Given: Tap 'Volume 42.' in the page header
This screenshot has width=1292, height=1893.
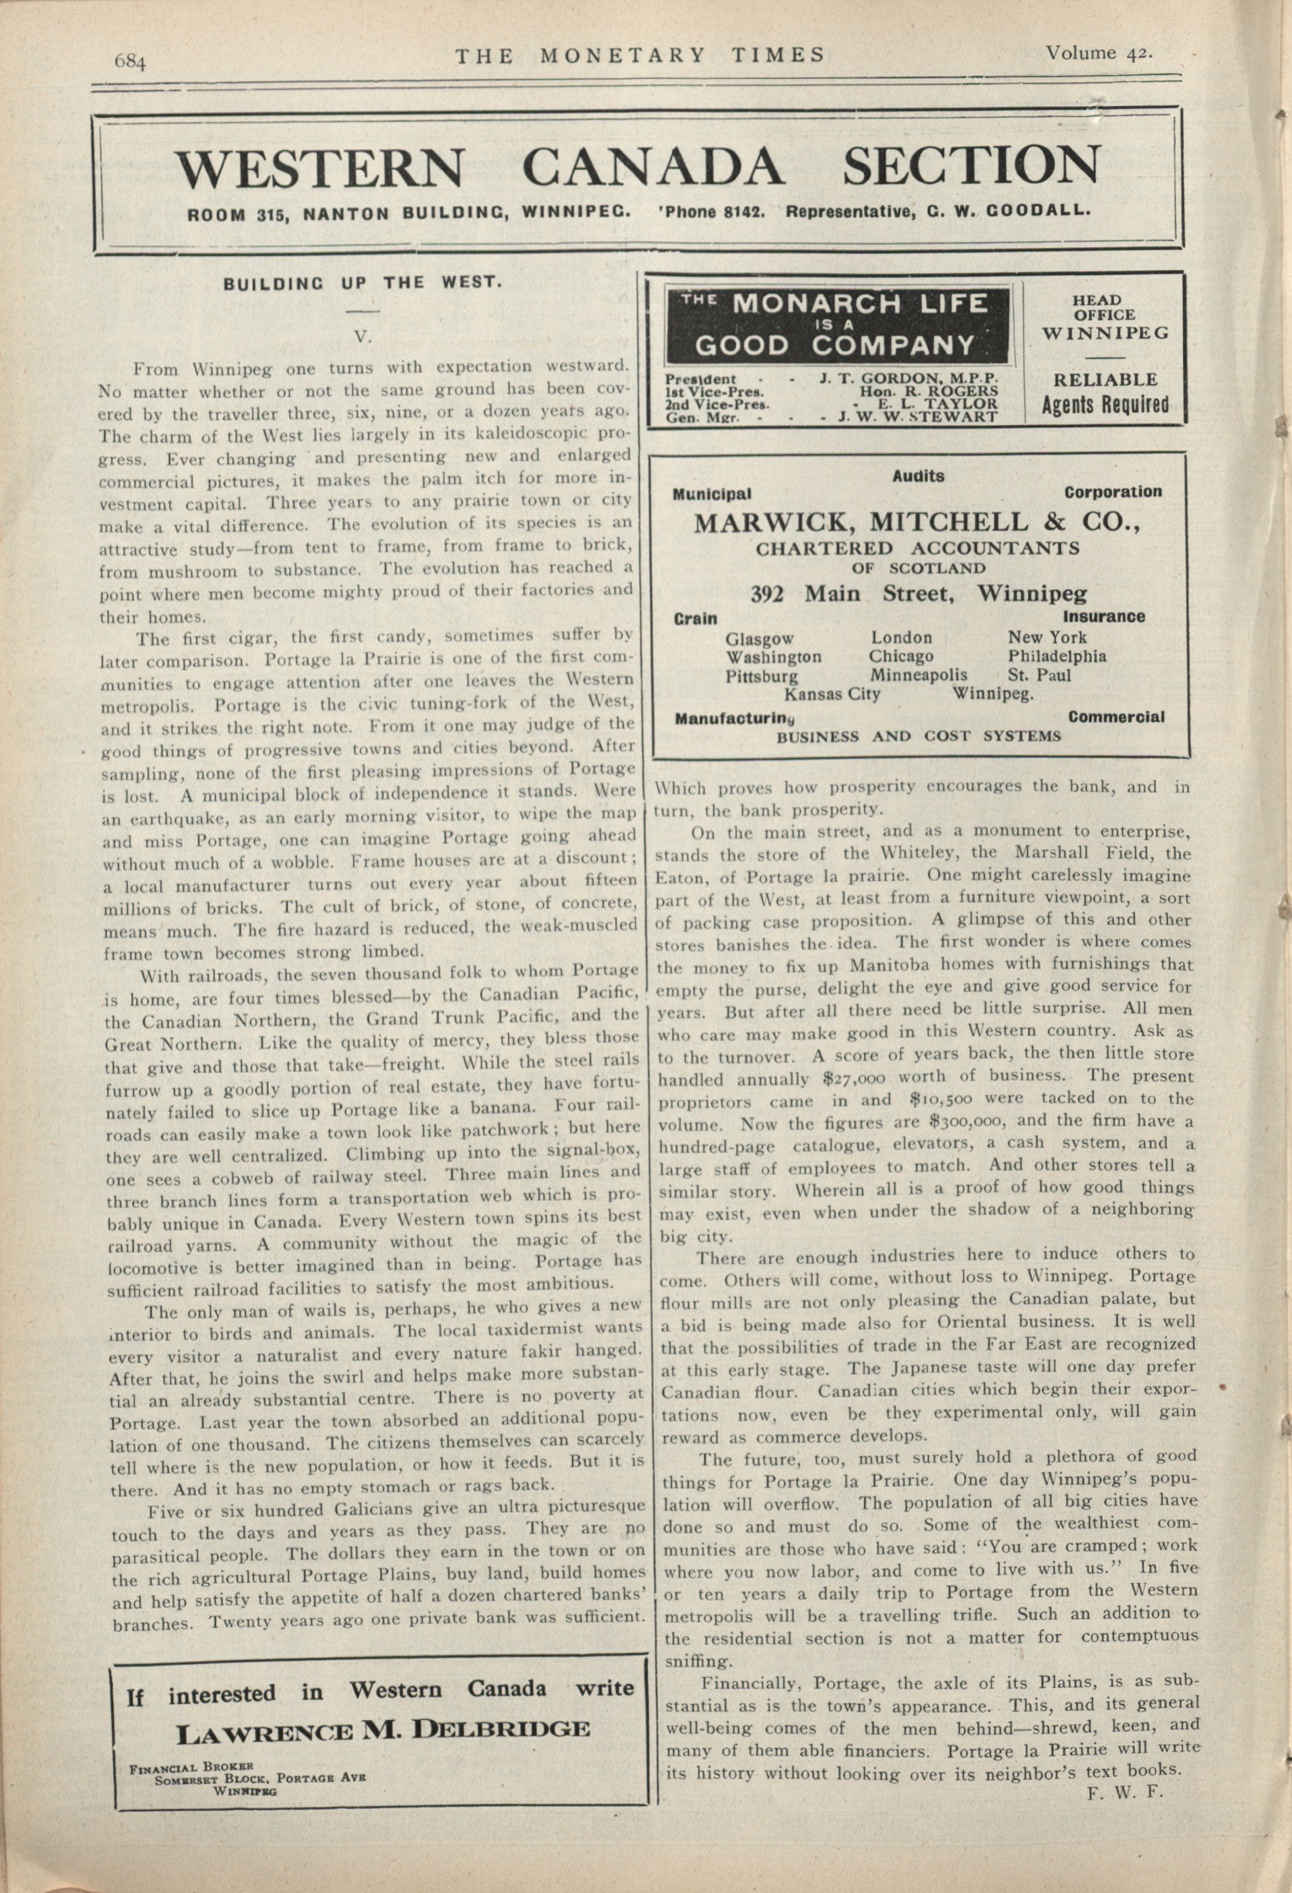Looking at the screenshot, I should (1098, 54).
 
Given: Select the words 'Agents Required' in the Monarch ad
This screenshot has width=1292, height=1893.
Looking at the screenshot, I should (1105, 405).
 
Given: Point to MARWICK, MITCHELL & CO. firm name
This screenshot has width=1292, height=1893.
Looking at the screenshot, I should (916, 521).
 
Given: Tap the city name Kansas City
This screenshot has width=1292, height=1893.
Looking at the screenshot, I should (832, 694).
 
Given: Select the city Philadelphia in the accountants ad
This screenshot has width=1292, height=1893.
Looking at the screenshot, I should (1057, 656).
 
